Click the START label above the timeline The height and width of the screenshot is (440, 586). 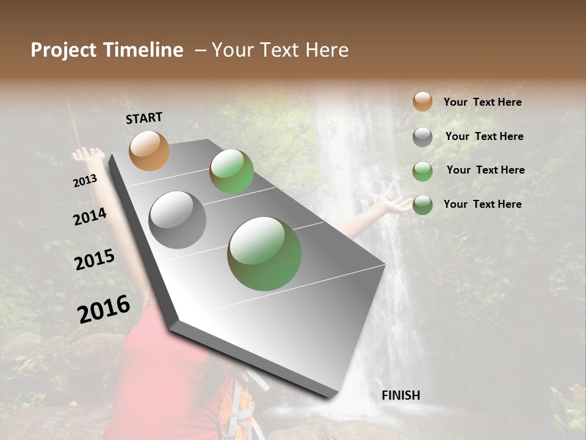pos(144,118)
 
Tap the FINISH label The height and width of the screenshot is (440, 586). pos(400,395)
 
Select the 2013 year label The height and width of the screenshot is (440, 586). pos(85,181)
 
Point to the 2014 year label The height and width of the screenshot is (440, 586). pos(90,216)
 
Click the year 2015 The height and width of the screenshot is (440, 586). pos(95,259)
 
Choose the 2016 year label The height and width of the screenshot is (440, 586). pos(104,309)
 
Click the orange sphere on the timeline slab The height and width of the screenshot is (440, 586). pos(149,150)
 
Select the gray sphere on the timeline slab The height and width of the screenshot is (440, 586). pos(178,220)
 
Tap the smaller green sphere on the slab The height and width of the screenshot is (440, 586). pos(231,171)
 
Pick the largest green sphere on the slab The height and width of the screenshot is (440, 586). pos(264,254)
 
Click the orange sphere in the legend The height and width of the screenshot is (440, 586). pos(422,101)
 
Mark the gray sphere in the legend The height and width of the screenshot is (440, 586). pos(422,137)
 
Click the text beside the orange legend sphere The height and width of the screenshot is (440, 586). pos(482,103)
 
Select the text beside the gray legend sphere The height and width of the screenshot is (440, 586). pos(484,136)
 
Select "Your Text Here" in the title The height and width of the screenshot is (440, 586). pos(280,50)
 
